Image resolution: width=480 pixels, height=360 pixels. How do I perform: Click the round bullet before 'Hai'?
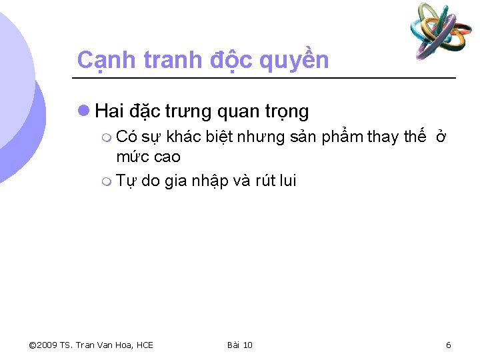click(84, 109)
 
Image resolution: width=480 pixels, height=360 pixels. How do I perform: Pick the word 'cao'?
click(167, 158)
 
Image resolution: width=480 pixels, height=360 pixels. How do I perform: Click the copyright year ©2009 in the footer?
click(43, 345)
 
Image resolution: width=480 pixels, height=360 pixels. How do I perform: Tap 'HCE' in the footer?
click(143, 345)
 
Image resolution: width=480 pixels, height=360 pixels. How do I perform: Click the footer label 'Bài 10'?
click(239, 345)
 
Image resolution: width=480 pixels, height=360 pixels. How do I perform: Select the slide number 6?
click(448, 345)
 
